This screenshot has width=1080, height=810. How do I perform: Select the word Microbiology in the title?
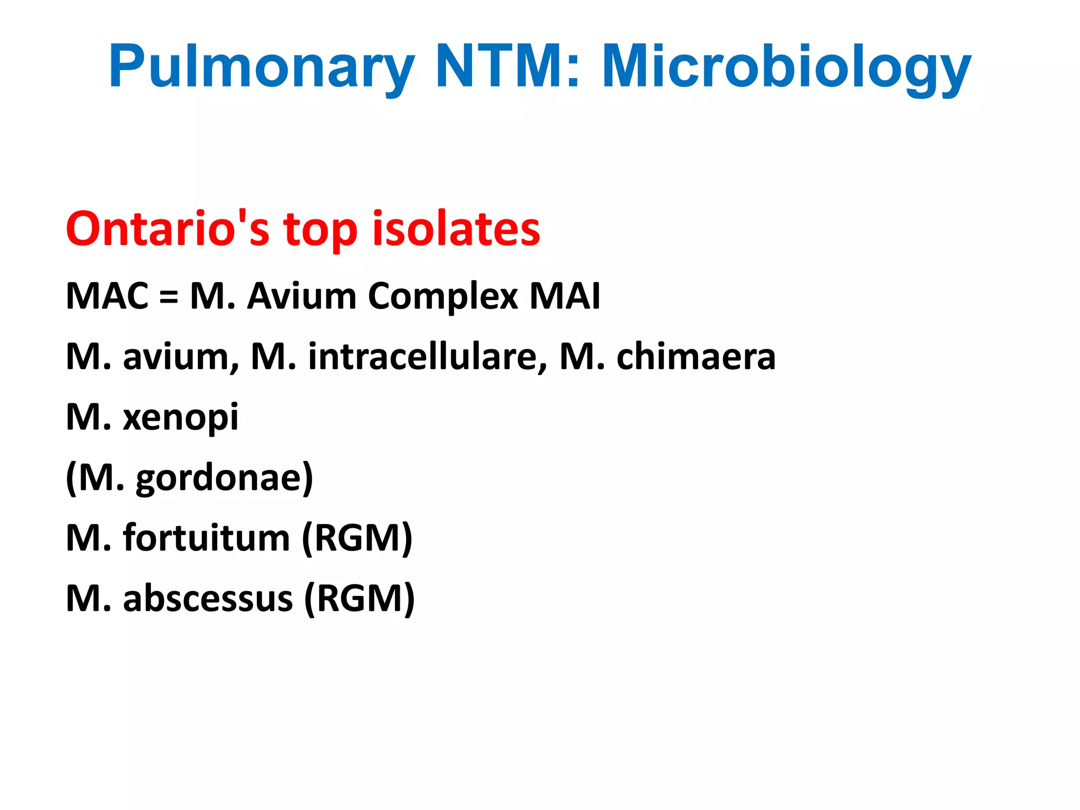tap(786, 66)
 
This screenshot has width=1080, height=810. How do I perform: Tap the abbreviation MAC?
tap(107, 296)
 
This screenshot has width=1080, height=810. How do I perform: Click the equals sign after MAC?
tap(169, 297)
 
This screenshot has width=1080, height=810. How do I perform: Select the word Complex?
tap(443, 297)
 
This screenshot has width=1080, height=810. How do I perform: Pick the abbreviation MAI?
tap(565, 296)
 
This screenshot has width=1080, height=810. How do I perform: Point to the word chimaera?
tap(696, 356)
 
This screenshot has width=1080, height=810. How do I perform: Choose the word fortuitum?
tap(207, 538)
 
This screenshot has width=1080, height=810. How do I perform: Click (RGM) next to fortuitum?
tap(357, 538)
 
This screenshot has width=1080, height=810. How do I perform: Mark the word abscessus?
tap(208, 599)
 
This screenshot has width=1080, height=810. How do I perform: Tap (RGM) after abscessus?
tap(360, 599)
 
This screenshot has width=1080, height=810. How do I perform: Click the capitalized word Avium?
tap(302, 296)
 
